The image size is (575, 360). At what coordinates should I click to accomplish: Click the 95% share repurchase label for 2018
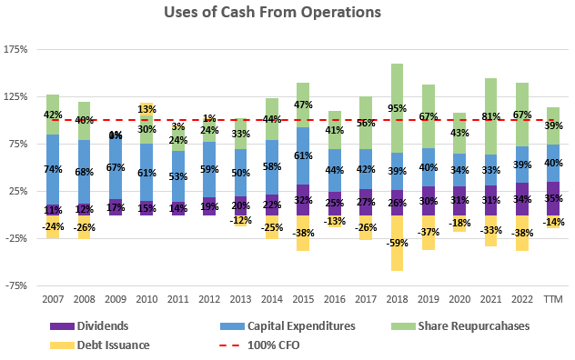pyautogui.click(x=397, y=108)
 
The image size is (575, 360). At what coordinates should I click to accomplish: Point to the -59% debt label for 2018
pyautogui.click(x=397, y=243)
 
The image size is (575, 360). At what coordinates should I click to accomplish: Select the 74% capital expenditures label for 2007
pyautogui.click(x=53, y=169)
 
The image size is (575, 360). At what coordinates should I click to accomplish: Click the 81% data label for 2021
pyautogui.click(x=491, y=116)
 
